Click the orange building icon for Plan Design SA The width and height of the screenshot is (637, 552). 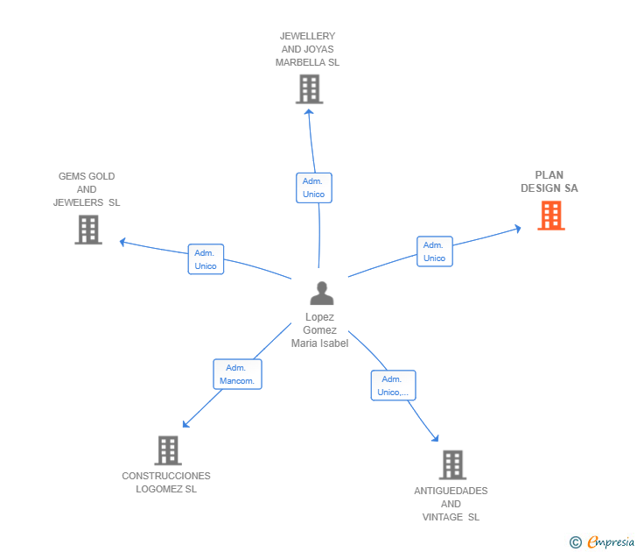[x=550, y=216]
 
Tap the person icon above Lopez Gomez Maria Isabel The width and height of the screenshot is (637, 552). [x=321, y=294]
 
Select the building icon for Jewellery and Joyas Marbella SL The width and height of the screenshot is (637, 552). [x=309, y=89]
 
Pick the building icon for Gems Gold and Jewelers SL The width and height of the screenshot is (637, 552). [x=88, y=230]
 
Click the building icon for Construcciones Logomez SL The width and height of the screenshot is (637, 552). [x=167, y=450]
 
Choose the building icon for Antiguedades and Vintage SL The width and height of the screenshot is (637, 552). [x=451, y=464]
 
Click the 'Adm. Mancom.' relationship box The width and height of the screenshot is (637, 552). [x=237, y=374]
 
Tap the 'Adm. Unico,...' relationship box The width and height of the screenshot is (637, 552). [x=393, y=386]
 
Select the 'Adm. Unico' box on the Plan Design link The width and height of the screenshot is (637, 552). [x=434, y=251]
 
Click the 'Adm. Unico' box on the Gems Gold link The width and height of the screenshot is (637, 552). [x=206, y=259]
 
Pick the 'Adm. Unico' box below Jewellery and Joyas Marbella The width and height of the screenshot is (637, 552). [x=313, y=188]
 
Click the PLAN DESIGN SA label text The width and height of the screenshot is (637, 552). [x=549, y=181]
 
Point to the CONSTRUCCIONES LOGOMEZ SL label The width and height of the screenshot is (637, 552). [x=166, y=482]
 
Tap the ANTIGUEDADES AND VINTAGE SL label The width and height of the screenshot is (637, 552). [x=451, y=504]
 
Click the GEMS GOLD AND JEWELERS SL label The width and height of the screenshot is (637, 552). [x=87, y=189]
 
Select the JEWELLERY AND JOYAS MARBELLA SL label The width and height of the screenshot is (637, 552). [x=307, y=50]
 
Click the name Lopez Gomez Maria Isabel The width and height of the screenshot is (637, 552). [x=320, y=330]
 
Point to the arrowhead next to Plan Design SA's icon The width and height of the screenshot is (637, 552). [x=517, y=229]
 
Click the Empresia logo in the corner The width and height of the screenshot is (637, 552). [x=610, y=542]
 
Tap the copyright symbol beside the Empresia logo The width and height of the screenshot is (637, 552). [x=576, y=542]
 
